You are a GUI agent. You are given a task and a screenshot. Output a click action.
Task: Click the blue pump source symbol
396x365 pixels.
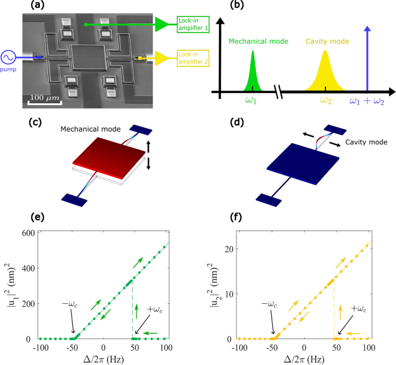10,58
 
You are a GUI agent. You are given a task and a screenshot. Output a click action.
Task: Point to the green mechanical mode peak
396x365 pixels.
253,72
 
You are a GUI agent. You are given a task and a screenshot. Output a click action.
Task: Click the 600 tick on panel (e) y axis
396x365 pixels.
27,233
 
